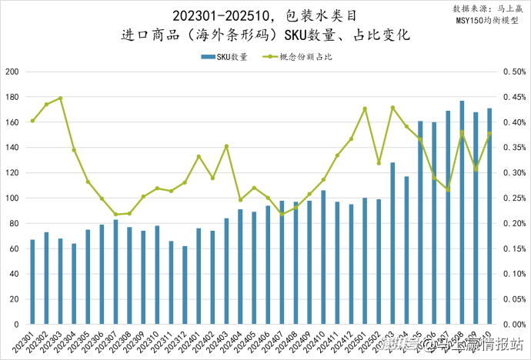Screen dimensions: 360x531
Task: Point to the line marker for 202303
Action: pyautogui.click(x=60, y=98)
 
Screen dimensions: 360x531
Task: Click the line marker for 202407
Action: pyautogui.click(x=282, y=214)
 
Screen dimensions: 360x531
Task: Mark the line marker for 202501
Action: pyautogui.click(x=365, y=108)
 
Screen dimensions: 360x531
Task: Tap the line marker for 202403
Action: pyautogui.click(x=226, y=146)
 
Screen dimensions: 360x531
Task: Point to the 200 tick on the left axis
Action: pyautogui.click(x=13, y=72)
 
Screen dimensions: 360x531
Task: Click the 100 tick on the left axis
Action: pyautogui.click(x=13, y=198)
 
